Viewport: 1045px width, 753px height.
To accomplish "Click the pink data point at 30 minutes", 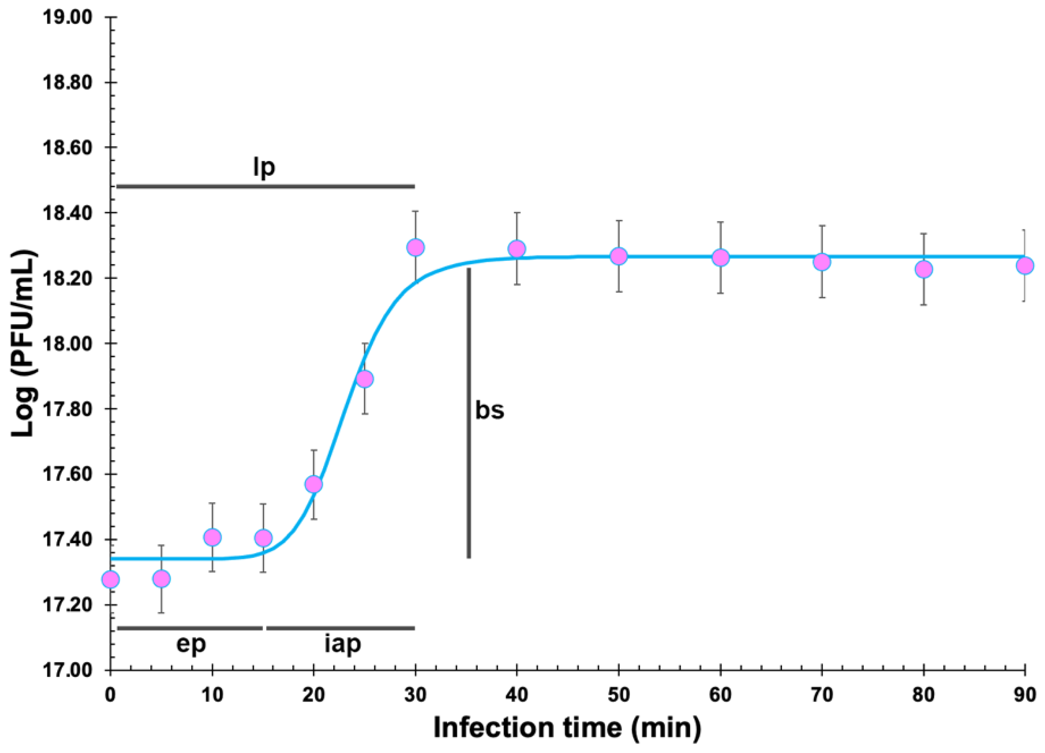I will (415, 248).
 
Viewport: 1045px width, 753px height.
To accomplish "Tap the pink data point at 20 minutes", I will (314, 484).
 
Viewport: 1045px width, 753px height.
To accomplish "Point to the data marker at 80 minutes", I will (923, 269).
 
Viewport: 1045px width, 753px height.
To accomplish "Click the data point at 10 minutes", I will (212, 537).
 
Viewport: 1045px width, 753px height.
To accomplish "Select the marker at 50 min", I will (618, 256).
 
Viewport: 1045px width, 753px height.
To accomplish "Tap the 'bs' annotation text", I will (489, 410).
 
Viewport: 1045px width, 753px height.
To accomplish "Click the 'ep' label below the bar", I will (191, 644).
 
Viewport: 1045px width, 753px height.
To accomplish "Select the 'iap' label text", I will (342, 644).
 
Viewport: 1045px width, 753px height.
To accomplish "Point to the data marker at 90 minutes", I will (1025, 265).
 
